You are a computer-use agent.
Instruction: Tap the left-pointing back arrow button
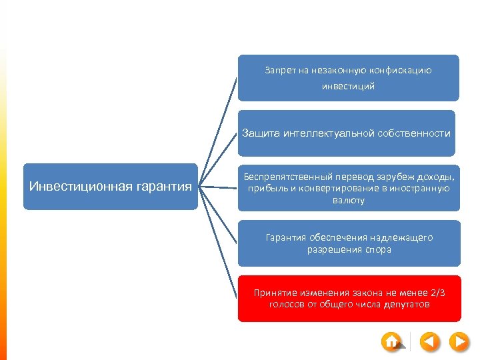pyautogui.click(x=431, y=342)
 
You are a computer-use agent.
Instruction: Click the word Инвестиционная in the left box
pyautogui.click(x=71, y=186)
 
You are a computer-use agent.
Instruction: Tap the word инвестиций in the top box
pyautogui.click(x=348, y=86)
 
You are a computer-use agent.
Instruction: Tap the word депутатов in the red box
pyautogui.click(x=406, y=305)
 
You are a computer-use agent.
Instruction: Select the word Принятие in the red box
pyautogui.click(x=273, y=293)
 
